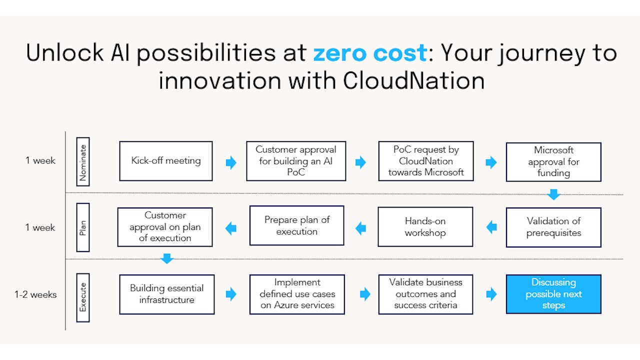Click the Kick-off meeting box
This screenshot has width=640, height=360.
tap(166, 161)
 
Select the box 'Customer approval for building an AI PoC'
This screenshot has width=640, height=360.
tap(296, 161)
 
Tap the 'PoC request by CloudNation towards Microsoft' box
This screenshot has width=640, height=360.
tap(426, 161)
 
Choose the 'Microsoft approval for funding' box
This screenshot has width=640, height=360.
tap(553, 162)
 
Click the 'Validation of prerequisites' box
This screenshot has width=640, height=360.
tap(553, 227)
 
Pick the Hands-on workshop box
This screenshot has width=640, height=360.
tap(425, 227)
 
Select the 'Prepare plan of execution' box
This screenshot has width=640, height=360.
tap(297, 225)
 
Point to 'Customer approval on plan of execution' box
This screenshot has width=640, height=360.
tap(165, 227)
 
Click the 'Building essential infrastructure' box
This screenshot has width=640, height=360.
tap(167, 294)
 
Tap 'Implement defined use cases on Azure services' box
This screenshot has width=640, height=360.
tap(297, 294)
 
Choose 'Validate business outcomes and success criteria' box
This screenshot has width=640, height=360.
tap(425, 294)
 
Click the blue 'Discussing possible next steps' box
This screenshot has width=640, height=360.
tap(553, 294)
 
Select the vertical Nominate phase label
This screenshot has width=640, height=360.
tap(83, 161)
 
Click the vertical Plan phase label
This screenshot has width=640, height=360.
tap(83, 227)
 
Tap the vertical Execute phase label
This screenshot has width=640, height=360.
tap(83, 297)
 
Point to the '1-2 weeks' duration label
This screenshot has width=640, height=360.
tap(35, 294)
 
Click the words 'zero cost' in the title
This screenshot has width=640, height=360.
tap(370, 53)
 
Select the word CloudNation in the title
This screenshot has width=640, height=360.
tap(413, 81)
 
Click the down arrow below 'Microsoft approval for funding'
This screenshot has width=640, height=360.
tap(553, 194)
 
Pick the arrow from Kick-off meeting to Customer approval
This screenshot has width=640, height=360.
tap(231, 162)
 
